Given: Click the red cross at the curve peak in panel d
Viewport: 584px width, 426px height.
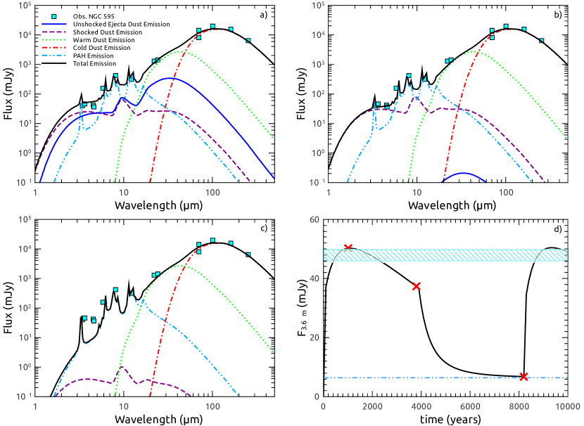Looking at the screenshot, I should click(x=348, y=247).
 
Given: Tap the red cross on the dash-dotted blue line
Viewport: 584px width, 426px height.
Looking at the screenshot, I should click(x=523, y=377).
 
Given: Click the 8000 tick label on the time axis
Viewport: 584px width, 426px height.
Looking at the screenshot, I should click(x=519, y=407).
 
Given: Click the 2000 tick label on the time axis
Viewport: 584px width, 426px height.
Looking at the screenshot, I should click(x=372, y=407).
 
